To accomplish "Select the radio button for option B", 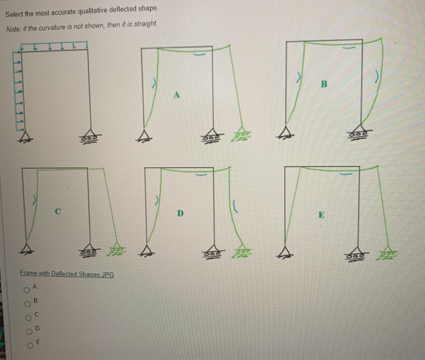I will [27, 301].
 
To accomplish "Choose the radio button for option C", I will [27, 315].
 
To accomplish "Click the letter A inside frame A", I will [177, 94].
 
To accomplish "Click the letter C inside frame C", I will [58, 212].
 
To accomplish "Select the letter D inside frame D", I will [180, 214].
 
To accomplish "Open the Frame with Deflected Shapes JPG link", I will [65, 274].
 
